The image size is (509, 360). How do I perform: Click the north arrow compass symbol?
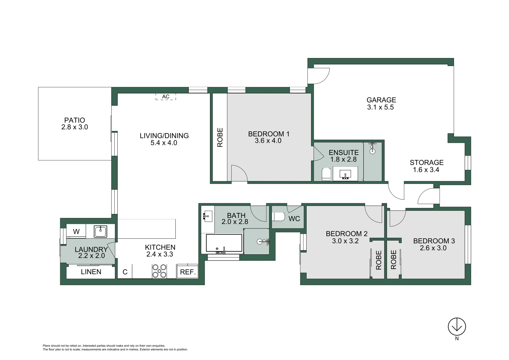point(456,326)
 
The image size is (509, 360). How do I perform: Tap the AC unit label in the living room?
point(166,97)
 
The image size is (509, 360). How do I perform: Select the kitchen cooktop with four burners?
point(159,271)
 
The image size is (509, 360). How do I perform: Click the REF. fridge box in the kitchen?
point(187,272)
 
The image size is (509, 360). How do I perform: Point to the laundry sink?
point(100,231)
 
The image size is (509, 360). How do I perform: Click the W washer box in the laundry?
point(76,231)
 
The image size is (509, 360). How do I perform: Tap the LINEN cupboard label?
point(91,272)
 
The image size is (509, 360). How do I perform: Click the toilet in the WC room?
point(278,217)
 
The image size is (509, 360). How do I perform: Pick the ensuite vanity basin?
point(345,174)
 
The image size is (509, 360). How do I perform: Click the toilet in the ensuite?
point(326,174)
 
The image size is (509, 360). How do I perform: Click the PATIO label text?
point(75,120)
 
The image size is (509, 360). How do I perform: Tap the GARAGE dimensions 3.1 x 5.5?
point(380,107)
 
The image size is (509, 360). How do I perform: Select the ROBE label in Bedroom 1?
point(220,137)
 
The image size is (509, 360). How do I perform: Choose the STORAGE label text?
point(426,163)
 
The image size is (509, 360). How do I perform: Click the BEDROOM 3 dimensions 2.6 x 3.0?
point(433,248)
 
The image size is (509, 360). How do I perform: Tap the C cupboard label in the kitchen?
point(125,272)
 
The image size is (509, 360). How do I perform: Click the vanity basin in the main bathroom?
point(208,216)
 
